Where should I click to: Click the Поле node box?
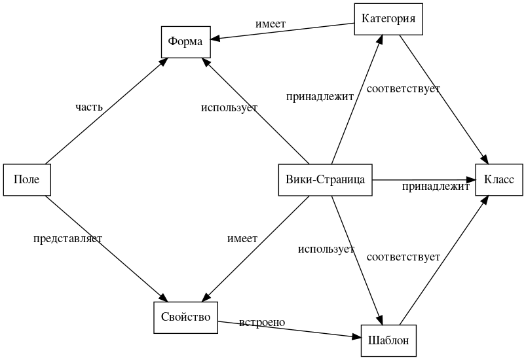tap(27, 179)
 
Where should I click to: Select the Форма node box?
tap(185, 41)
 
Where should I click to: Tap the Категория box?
tap(388, 18)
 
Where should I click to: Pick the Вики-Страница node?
tap(326, 179)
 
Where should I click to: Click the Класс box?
tap(499, 179)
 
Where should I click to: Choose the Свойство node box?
tap(185, 317)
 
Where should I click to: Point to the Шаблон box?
tap(388, 340)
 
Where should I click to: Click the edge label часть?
tap(89, 106)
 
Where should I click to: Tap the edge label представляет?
tap(67, 238)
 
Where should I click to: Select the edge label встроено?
tap(262, 322)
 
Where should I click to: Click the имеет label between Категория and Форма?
tap(271, 24)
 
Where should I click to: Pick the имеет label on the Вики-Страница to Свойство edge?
tap(242, 238)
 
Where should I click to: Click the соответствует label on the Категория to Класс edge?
tap(403, 88)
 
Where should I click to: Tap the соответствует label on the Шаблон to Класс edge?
tap(403, 257)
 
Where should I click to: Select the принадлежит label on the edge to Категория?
tap(320, 96)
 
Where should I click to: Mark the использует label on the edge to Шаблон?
tap(326, 249)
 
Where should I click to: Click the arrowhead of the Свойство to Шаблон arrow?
tap(357, 338)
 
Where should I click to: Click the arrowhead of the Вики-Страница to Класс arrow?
tap(471, 179)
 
